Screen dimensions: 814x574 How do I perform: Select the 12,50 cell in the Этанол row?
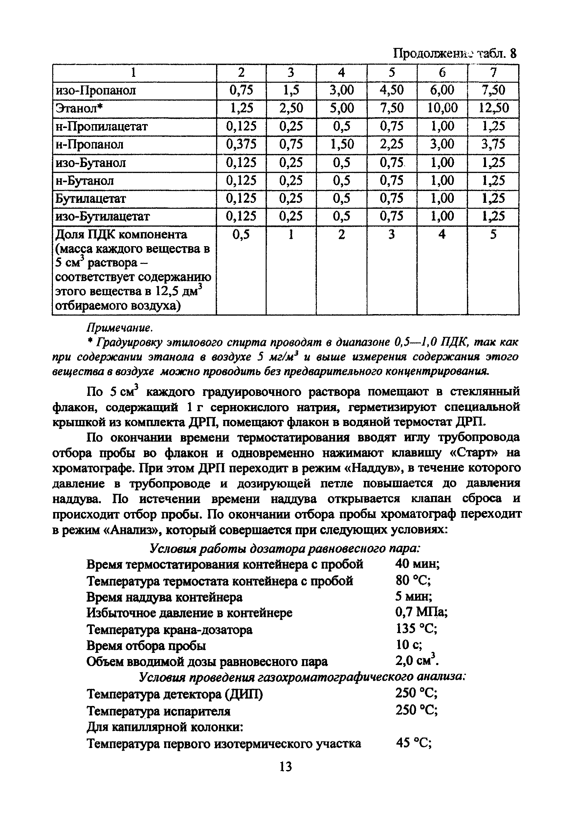coord(494,108)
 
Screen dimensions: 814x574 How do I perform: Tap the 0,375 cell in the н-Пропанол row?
coord(241,144)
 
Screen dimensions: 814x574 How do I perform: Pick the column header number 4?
coord(341,72)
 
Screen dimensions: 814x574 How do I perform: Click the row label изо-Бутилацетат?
coord(103,216)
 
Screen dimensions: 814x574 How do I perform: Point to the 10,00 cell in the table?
coord(442,108)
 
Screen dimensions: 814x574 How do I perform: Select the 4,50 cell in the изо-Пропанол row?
coord(392,90)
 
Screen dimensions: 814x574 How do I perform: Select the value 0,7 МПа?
coord(421,612)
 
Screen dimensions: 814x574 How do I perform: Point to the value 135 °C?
coord(416,629)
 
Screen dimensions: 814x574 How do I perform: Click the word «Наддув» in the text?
coord(373,468)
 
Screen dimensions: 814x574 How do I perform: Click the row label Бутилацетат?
coord(91,199)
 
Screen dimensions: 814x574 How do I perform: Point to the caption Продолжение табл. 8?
coord(455,54)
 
